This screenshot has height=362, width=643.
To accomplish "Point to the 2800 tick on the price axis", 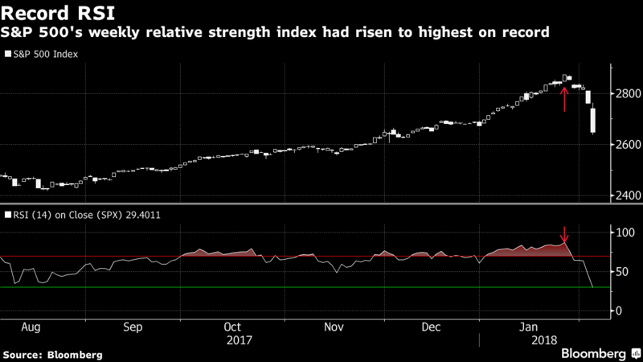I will tap(624, 94).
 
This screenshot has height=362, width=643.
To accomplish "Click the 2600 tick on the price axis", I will tap(624, 145).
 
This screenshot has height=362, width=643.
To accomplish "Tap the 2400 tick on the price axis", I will tap(624, 195).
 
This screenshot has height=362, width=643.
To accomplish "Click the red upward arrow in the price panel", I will tap(564, 99).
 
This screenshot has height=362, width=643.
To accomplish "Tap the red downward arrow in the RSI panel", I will tap(564, 235).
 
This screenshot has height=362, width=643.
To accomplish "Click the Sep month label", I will tap(133, 328).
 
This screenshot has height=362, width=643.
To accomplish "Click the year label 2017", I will tap(239, 340).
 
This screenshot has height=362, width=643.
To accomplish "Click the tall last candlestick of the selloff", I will tap(593, 120).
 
